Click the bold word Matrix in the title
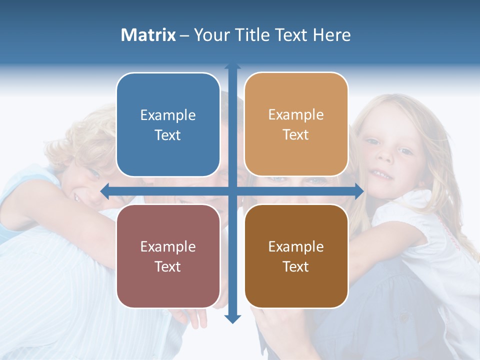[x=148, y=35]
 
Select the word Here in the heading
[x=331, y=35]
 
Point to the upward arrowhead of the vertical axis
[x=232, y=66]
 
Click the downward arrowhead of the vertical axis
[x=232, y=318]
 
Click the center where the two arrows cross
[x=232, y=191]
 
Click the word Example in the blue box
[x=168, y=115]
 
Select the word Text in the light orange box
[x=296, y=135]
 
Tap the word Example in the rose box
[x=168, y=247]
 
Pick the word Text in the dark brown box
[x=296, y=267]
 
